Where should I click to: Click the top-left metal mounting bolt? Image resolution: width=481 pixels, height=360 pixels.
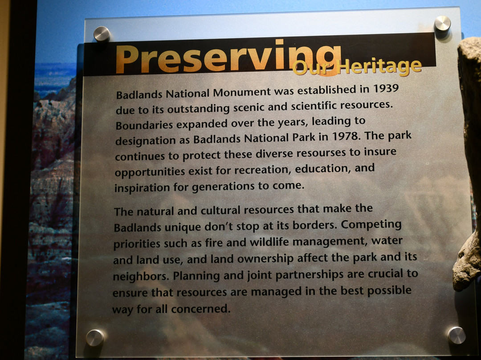pos(102,34)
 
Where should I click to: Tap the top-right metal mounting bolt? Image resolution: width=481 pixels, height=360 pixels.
pos(442,24)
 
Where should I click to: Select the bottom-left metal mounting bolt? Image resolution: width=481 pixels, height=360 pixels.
pos(95,338)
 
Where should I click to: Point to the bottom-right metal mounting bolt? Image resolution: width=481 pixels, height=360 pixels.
pos(457,335)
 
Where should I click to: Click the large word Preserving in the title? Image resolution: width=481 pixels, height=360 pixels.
pos(228,58)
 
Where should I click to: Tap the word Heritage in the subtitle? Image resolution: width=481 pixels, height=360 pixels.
pos(379,66)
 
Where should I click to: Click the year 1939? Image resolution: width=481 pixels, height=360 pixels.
pos(386,88)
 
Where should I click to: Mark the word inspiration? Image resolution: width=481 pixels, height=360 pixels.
pos(142,187)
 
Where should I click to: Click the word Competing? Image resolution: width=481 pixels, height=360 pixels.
pos(371,225)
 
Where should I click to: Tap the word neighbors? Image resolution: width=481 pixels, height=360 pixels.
pos(141,276)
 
